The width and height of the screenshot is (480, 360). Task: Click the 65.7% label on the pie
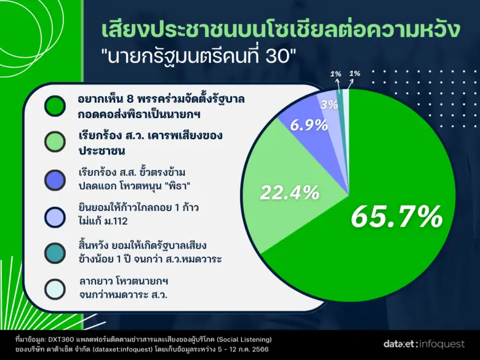pos(396,216)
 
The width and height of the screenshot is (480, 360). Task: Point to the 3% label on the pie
pos(329,105)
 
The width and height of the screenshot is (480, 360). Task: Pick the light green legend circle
pos(56,141)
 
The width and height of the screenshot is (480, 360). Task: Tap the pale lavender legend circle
pos(56,215)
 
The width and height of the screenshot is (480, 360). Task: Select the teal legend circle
pos(56,253)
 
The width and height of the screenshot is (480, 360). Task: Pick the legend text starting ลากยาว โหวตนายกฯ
pos(123,289)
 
